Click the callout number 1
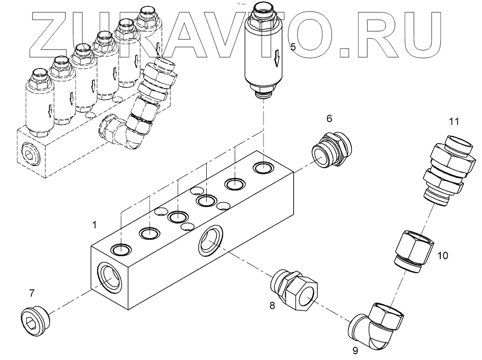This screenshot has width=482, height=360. coord(94,225)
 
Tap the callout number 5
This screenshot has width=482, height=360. coord(293,47)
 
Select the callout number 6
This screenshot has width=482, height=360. coord(329,119)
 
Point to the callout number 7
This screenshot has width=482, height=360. coord(32,293)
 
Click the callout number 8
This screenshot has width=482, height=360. coord(272,306)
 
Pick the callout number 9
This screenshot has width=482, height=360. coord(355,351)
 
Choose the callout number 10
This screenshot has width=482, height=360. coord(443,256)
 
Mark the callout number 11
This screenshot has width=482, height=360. coord(454,121)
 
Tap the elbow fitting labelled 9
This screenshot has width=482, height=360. coord(377,326)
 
